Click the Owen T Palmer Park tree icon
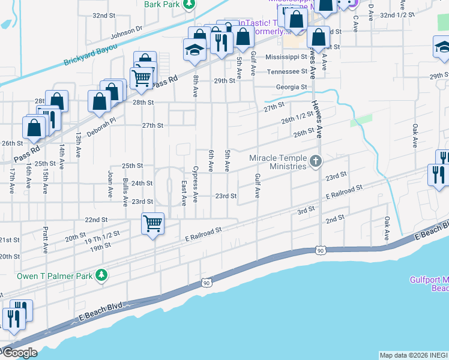pyautogui.click(x=102, y=275)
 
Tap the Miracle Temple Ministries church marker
pyautogui.click(x=316, y=161)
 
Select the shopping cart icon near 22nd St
pyautogui.click(x=152, y=224)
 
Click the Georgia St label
pyautogui.click(x=292, y=87)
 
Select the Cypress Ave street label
pyautogui.click(x=196, y=177)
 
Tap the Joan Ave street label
pyautogui.click(x=110, y=185)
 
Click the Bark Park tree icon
pyautogui.click(x=189, y=4)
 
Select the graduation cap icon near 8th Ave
pyautogui.click(x=194, y=50)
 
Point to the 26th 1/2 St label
pyautogui.click(x=297, y=116)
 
